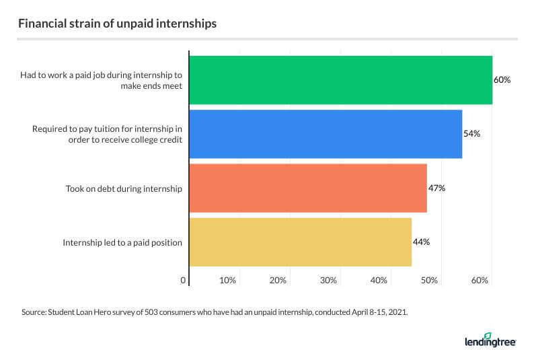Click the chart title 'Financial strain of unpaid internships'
[118, 23]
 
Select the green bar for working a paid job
[340, 79]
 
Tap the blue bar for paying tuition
[325, 133]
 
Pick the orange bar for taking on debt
[308, 188]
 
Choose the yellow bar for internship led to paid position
[300, 242]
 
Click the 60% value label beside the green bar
[502, 79]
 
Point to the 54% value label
[471, 133]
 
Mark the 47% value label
[436, 188]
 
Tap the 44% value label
[421, 242]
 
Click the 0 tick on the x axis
[183, 279]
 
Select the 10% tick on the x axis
[227, 279]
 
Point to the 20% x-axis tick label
[278, 279]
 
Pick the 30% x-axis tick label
[328, 279]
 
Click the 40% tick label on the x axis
[379, 279]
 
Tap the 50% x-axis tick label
[429, 279]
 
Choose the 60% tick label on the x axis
[479, 279]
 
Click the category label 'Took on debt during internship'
[119, 188]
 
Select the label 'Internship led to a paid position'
[122, 242]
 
